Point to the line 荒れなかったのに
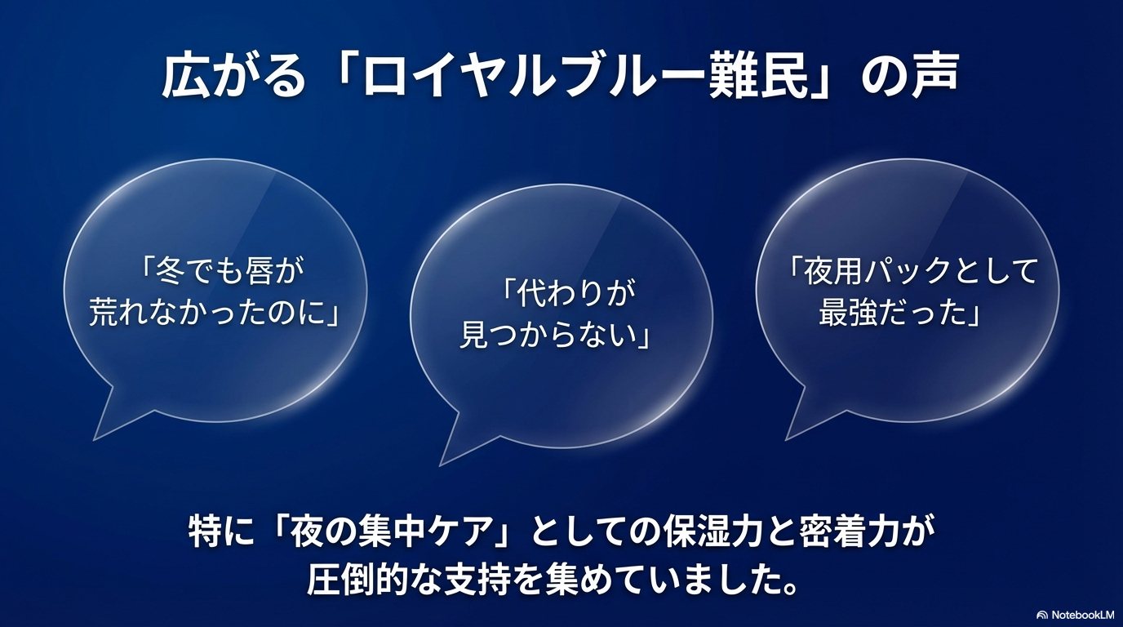point(214,313)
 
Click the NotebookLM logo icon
point(1042,614)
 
